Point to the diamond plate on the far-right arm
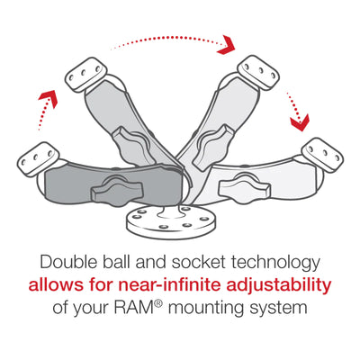tap(321, 152)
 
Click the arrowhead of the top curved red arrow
tap(228, 44)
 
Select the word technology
tap(284, 263)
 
